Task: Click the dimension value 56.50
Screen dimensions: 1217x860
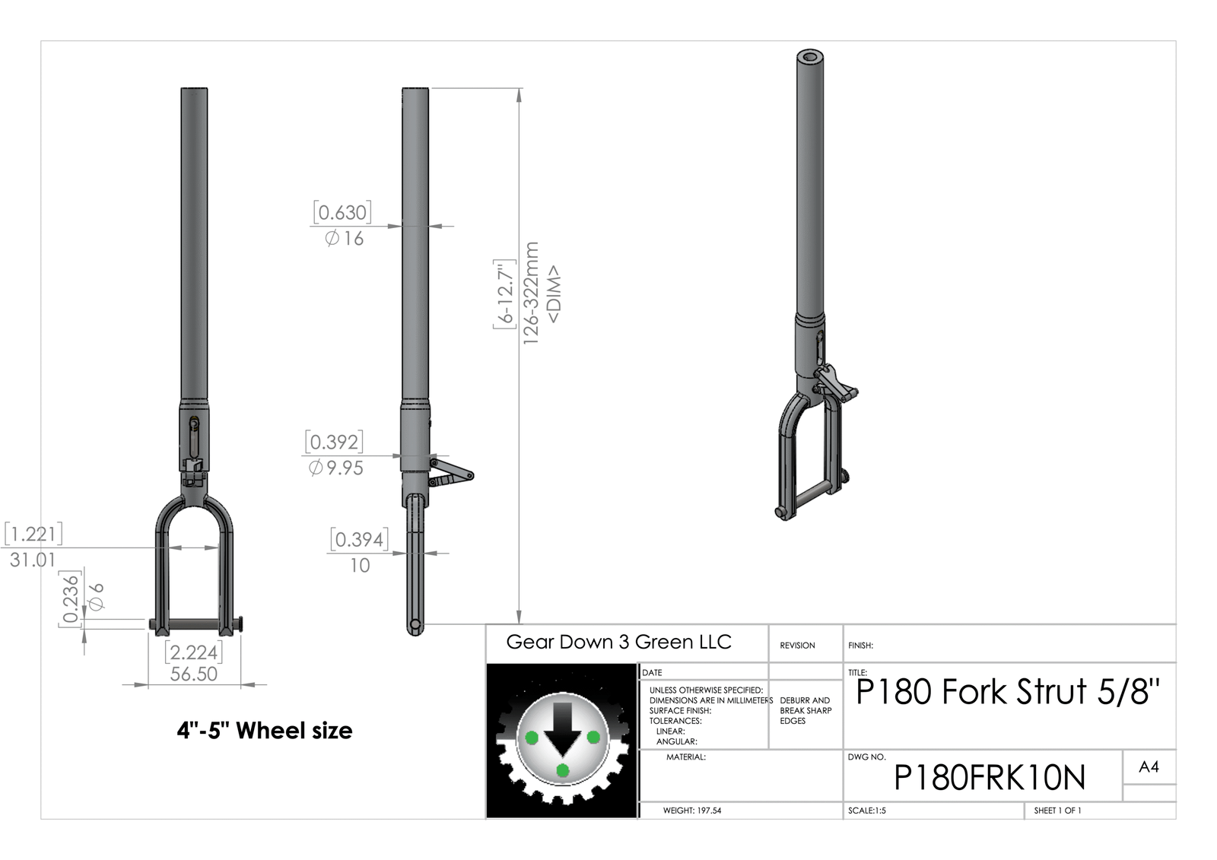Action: pyautogui.click(x=193, y=674)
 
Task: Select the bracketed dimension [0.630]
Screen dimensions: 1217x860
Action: pyautogui.click(x=342, y=212)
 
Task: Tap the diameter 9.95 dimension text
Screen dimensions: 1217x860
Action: pyautogui.click(x=335, y=468)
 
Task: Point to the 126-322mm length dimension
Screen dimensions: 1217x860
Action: pyautogui.click(x=530, y=293)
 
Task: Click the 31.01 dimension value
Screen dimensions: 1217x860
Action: pyautogui.click(x=33, y=560)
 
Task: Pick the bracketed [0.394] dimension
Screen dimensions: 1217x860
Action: pyautogui.click(x=360, y=539)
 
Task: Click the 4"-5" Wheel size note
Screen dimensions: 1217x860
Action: pyautogui.click(x=265, y=731)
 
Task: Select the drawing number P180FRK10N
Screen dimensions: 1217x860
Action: pyautogui.click(x=990, y=777)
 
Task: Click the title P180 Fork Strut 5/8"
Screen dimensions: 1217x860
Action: pyautogui.click(x=1008, y=692)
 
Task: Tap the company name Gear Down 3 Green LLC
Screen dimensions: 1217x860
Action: pyautogui.click(x=619, y=642)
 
